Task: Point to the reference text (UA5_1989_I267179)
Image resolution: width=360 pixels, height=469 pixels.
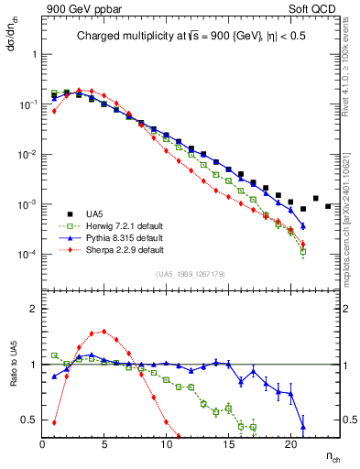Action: pyautogui.click(x=192, y=273)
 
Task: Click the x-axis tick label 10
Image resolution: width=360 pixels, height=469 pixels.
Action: pyautogui.click(x=166, y=445)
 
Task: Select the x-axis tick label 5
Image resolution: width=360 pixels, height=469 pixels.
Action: pyautogui.click(x=104, y=445)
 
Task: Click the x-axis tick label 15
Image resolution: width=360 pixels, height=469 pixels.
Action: pyautogui.click(x=228, y=445)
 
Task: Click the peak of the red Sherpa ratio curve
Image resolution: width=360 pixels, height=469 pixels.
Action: pyautogui.click(x=104, y=332)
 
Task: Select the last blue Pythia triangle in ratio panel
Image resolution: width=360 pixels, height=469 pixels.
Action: pyautogui.click(x=303, y=426)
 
